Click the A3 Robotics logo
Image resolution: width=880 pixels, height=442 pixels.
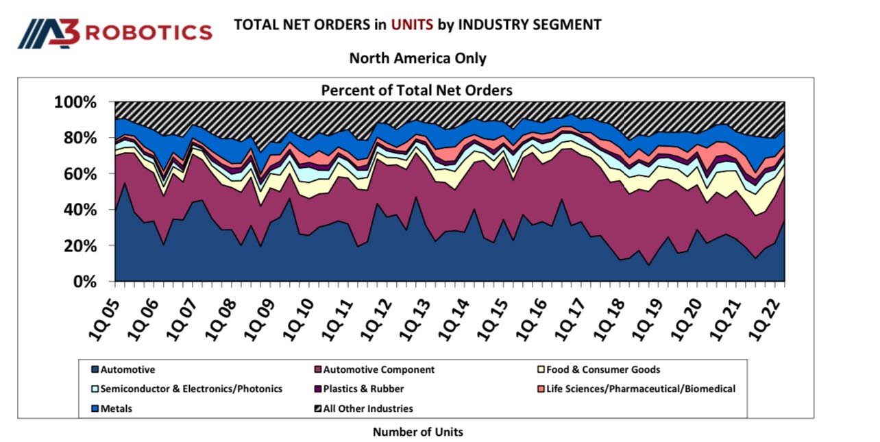(x=115, y=32)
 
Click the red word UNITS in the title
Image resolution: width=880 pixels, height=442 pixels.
(x=412, y=25)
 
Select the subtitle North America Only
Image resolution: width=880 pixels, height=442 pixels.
(x=417, y=58)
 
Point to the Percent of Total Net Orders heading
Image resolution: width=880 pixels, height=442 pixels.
(x=417, y=90)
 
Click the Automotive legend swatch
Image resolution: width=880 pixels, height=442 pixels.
(x=95, y=370)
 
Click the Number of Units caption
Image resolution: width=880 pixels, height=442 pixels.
(x=417, y=432)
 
